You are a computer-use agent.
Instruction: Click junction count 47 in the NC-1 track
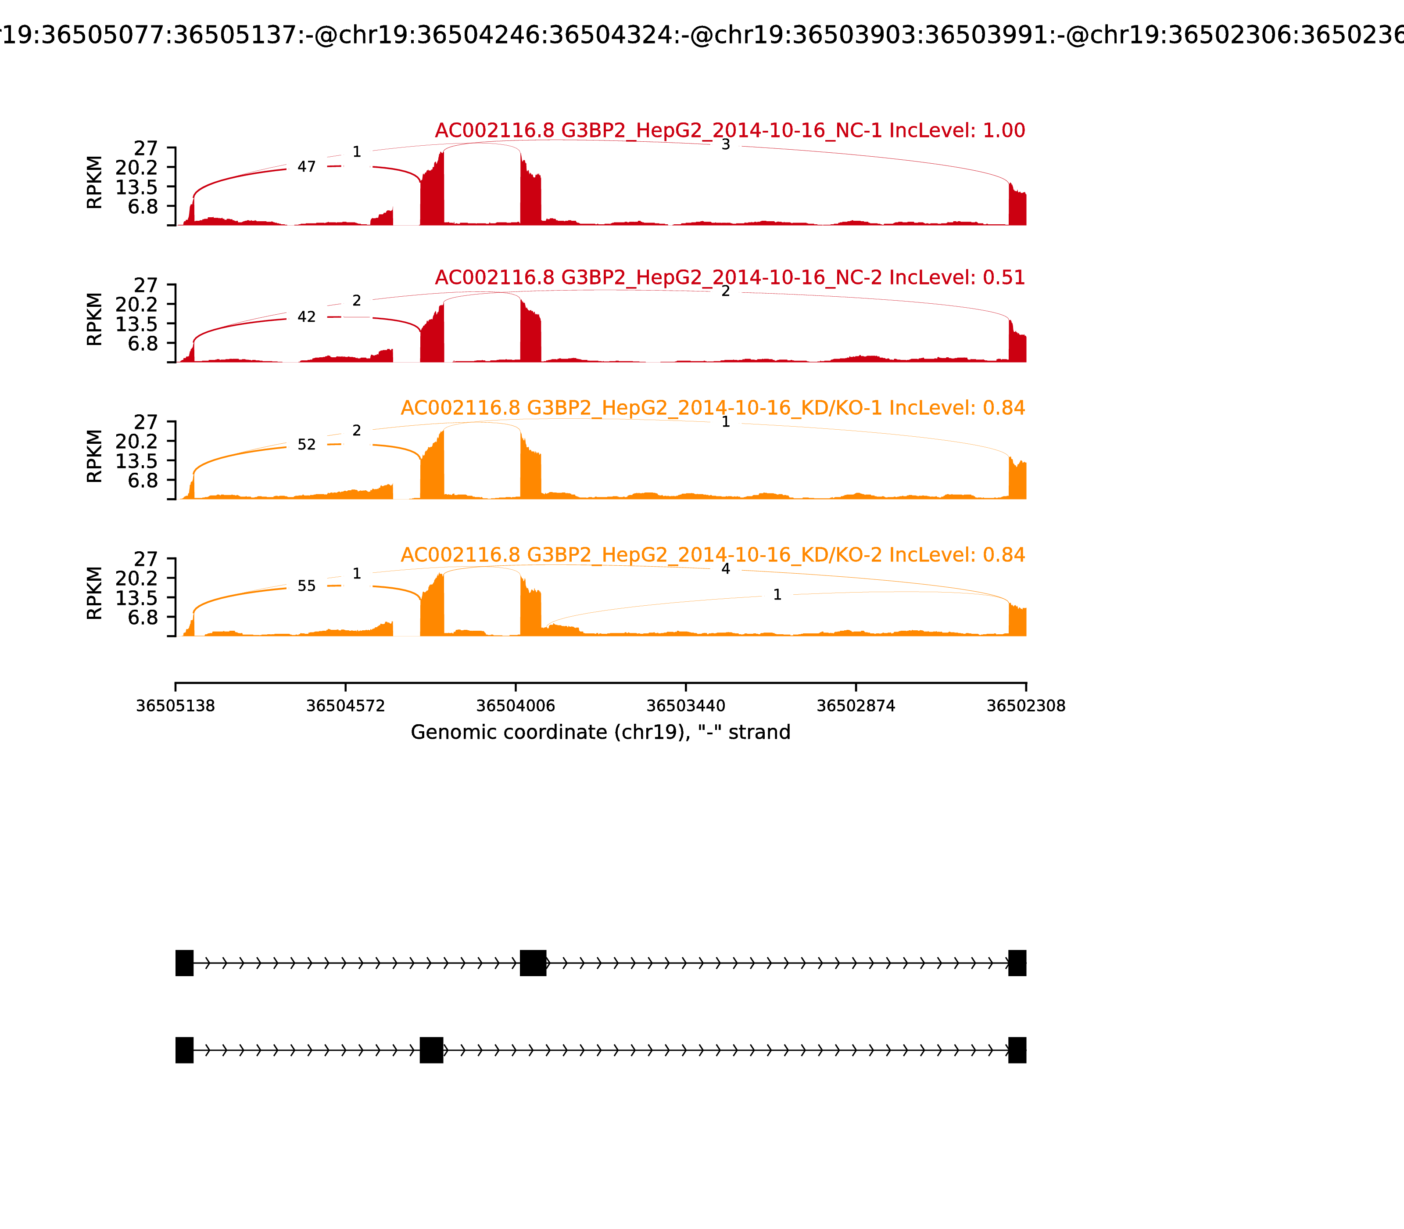click(x=306, y=167)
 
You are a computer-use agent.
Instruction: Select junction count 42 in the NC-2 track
click(x=306, y=317)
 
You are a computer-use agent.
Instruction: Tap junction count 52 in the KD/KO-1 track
click(x=306, y=444)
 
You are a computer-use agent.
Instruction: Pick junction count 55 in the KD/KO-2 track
click(x=306, y=586)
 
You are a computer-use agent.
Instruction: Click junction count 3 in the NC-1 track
click(x=725, y=145)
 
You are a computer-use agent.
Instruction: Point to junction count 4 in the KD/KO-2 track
click(x=725, y=568)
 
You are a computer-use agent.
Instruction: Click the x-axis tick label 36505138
click(x=175, y=706)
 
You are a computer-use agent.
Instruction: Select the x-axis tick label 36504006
click(x=516, y=706)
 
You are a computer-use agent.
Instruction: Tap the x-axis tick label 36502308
click(x=1026, y=706)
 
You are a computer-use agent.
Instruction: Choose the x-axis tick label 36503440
click(x=685, y=706)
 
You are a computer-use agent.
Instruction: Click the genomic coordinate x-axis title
click(x=601, y=733)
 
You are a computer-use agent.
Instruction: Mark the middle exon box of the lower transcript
click(x=431, y=1050)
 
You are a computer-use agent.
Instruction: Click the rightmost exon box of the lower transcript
click(x=1017, y=1050)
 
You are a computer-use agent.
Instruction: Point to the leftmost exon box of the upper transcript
click(x=184, y=963)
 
